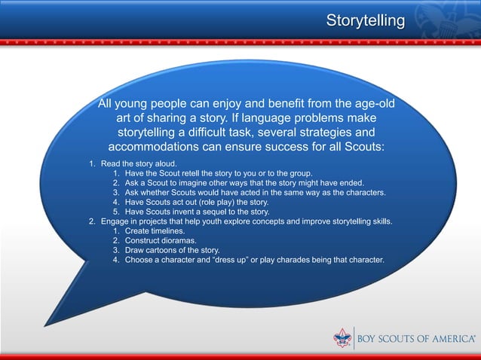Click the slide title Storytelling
point(365,20)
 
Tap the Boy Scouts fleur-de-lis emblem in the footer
point(343,339)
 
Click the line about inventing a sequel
point(190,212)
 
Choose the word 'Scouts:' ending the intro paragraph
point(360,145)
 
